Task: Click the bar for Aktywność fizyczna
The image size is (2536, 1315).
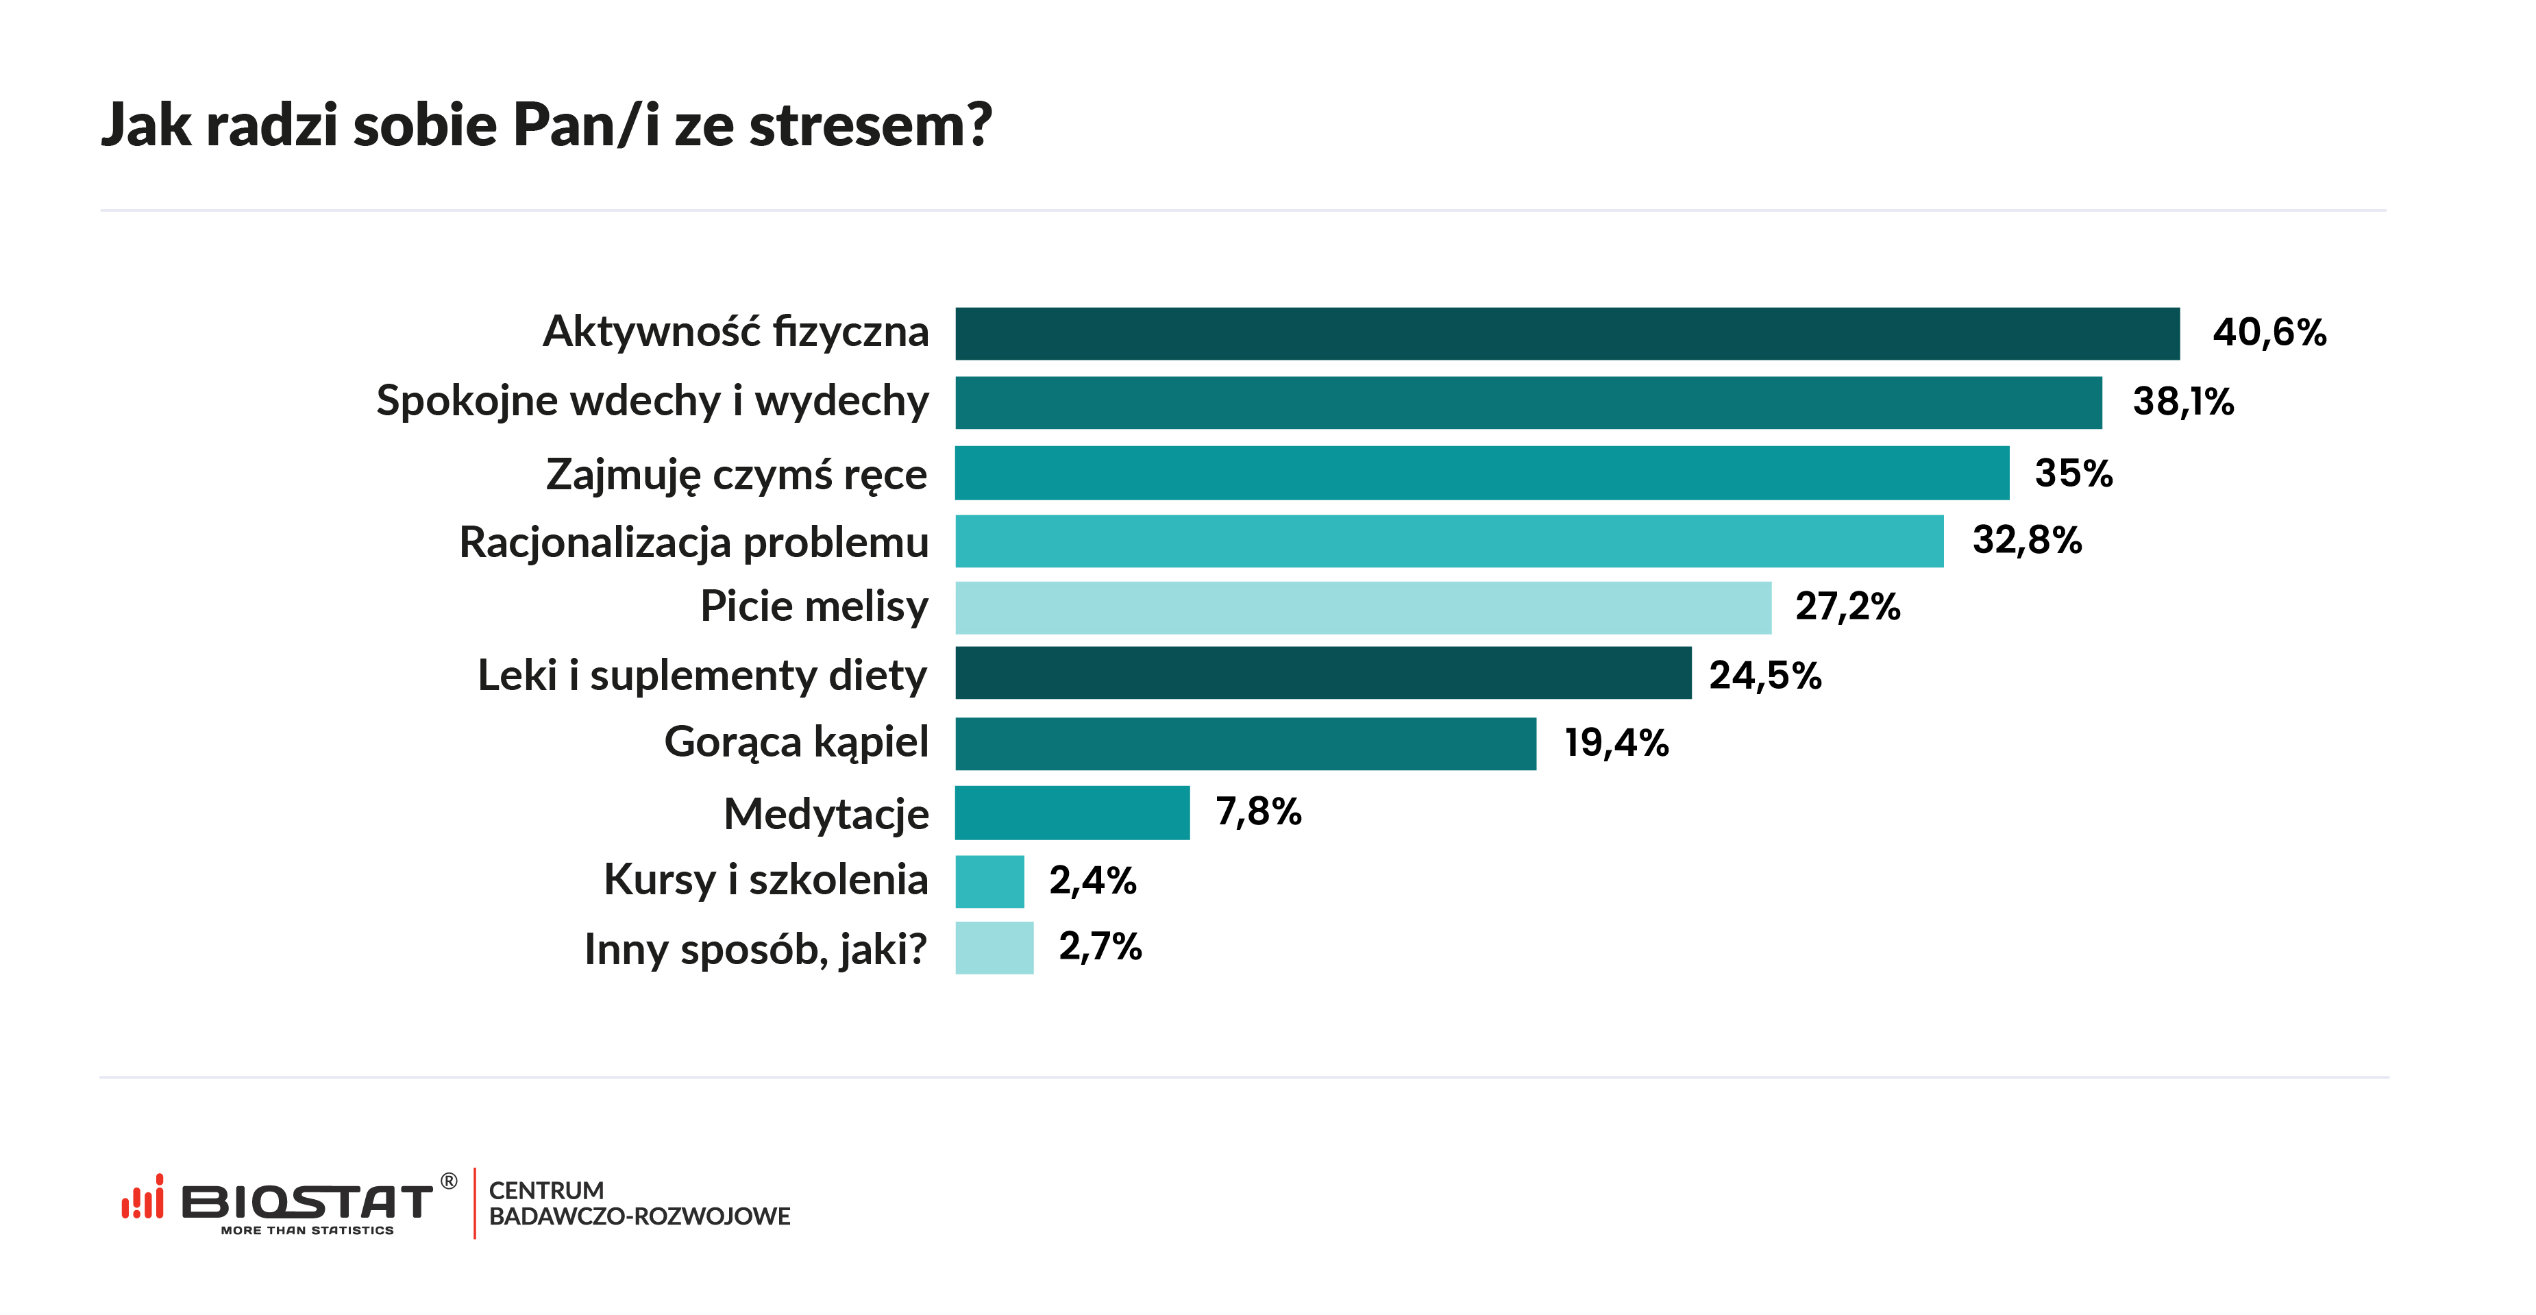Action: coord(1566,334)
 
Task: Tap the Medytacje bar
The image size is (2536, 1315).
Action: coord(1072,812)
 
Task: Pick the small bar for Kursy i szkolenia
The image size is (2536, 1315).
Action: coord(989,881)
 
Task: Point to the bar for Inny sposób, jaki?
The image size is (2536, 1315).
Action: coord(994,947)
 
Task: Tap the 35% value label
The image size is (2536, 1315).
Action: coord(2073,474)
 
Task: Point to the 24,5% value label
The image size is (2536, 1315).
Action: coord(1764,675)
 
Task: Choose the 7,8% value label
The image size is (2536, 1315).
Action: coord(1258,811)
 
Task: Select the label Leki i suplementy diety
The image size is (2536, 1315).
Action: coord(702,675)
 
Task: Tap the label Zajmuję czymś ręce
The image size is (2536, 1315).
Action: coord(737,474)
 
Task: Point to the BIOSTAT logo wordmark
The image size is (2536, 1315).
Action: coord(306,1202)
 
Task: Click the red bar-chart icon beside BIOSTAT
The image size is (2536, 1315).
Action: coord(143,1197)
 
